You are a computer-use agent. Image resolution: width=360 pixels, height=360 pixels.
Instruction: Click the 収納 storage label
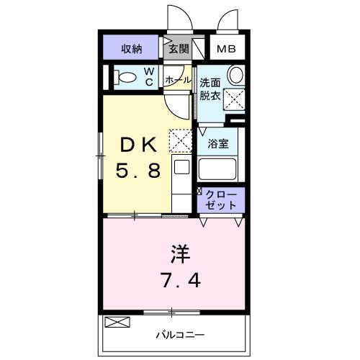pyautogui.click(x=131, y=49)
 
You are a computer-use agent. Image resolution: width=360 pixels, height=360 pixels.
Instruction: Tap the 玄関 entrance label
pyautogui.click(x=179, y=49)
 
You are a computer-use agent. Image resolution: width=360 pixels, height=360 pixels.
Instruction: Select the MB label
pyautogui.click(x=226, y=50)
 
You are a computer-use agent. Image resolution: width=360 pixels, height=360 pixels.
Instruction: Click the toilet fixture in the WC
pyautogui.click(x=126, y=77)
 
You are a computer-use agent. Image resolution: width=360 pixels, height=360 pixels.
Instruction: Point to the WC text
pyautogui.click(x=148, y=76)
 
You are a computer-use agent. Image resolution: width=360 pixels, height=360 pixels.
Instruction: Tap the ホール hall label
pyautogui.click(x=178, y=80)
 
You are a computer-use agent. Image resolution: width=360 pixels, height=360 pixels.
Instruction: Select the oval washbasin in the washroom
pyautogui.click(x=235, y=76)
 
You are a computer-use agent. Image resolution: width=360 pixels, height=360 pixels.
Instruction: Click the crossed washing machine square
pyautogui.click(x=235, y=99)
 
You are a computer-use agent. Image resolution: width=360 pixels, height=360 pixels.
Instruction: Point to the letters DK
pyautogui.click(x=137, y=144)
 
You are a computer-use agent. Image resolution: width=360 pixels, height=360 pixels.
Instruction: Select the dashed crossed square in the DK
pyautogui.click(x=179, y=139)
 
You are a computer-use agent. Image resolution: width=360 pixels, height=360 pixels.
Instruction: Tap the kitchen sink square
pyautogui.click(x=181, y=168)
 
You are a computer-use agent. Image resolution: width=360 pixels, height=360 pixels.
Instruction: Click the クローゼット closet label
pyautogui.click(x=221, y=199)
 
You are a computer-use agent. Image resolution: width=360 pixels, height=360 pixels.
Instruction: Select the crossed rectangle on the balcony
pyautogui.click(x=115, y=323)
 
